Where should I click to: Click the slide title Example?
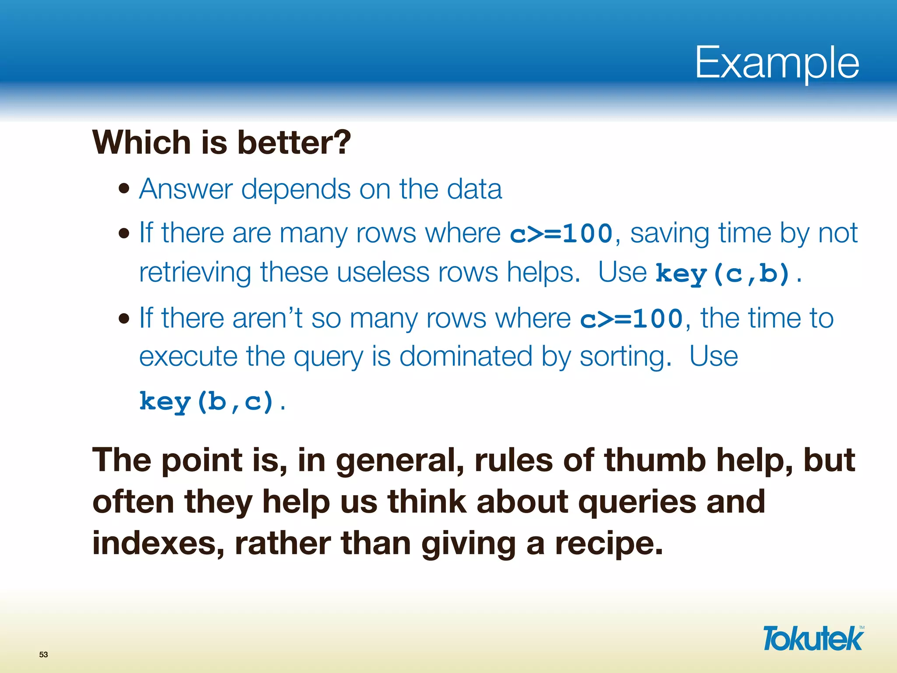777,64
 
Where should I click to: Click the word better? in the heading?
294,143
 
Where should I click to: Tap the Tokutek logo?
813,639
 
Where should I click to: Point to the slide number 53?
43,655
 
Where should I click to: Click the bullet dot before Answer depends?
124,189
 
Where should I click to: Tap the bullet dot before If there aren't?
124,319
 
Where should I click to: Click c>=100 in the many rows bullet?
561,234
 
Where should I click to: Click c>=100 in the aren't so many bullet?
631,319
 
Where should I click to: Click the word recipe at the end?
609,543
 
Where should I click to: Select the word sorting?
625,357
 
